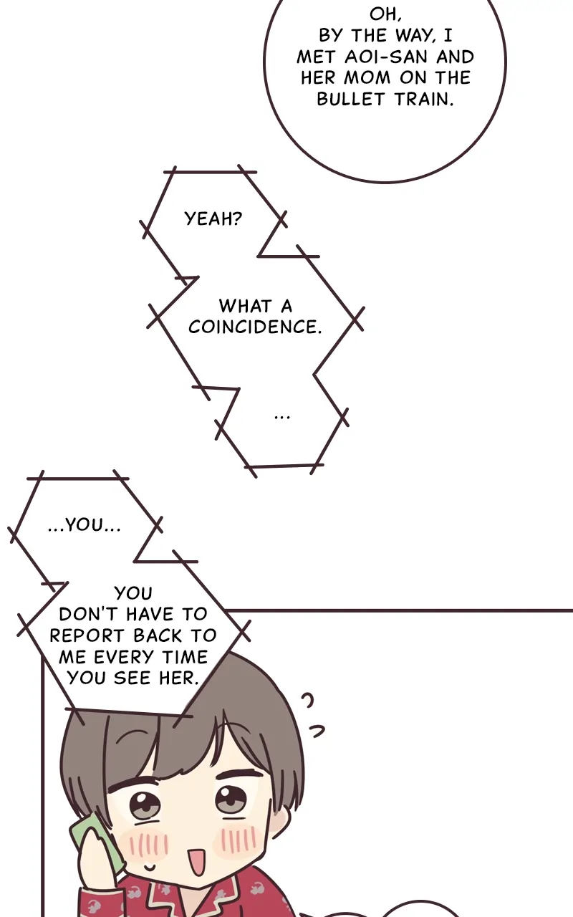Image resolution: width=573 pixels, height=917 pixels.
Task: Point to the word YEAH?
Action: tap(213, 219)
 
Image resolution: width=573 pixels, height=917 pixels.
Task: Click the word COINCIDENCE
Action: tap(255, 327)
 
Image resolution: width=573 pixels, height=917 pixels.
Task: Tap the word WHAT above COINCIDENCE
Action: tap(244, 307)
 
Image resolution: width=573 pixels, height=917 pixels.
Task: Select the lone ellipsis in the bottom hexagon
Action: tap(282, 416)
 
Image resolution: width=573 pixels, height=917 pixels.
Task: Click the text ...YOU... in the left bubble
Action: tap(85, 525)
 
